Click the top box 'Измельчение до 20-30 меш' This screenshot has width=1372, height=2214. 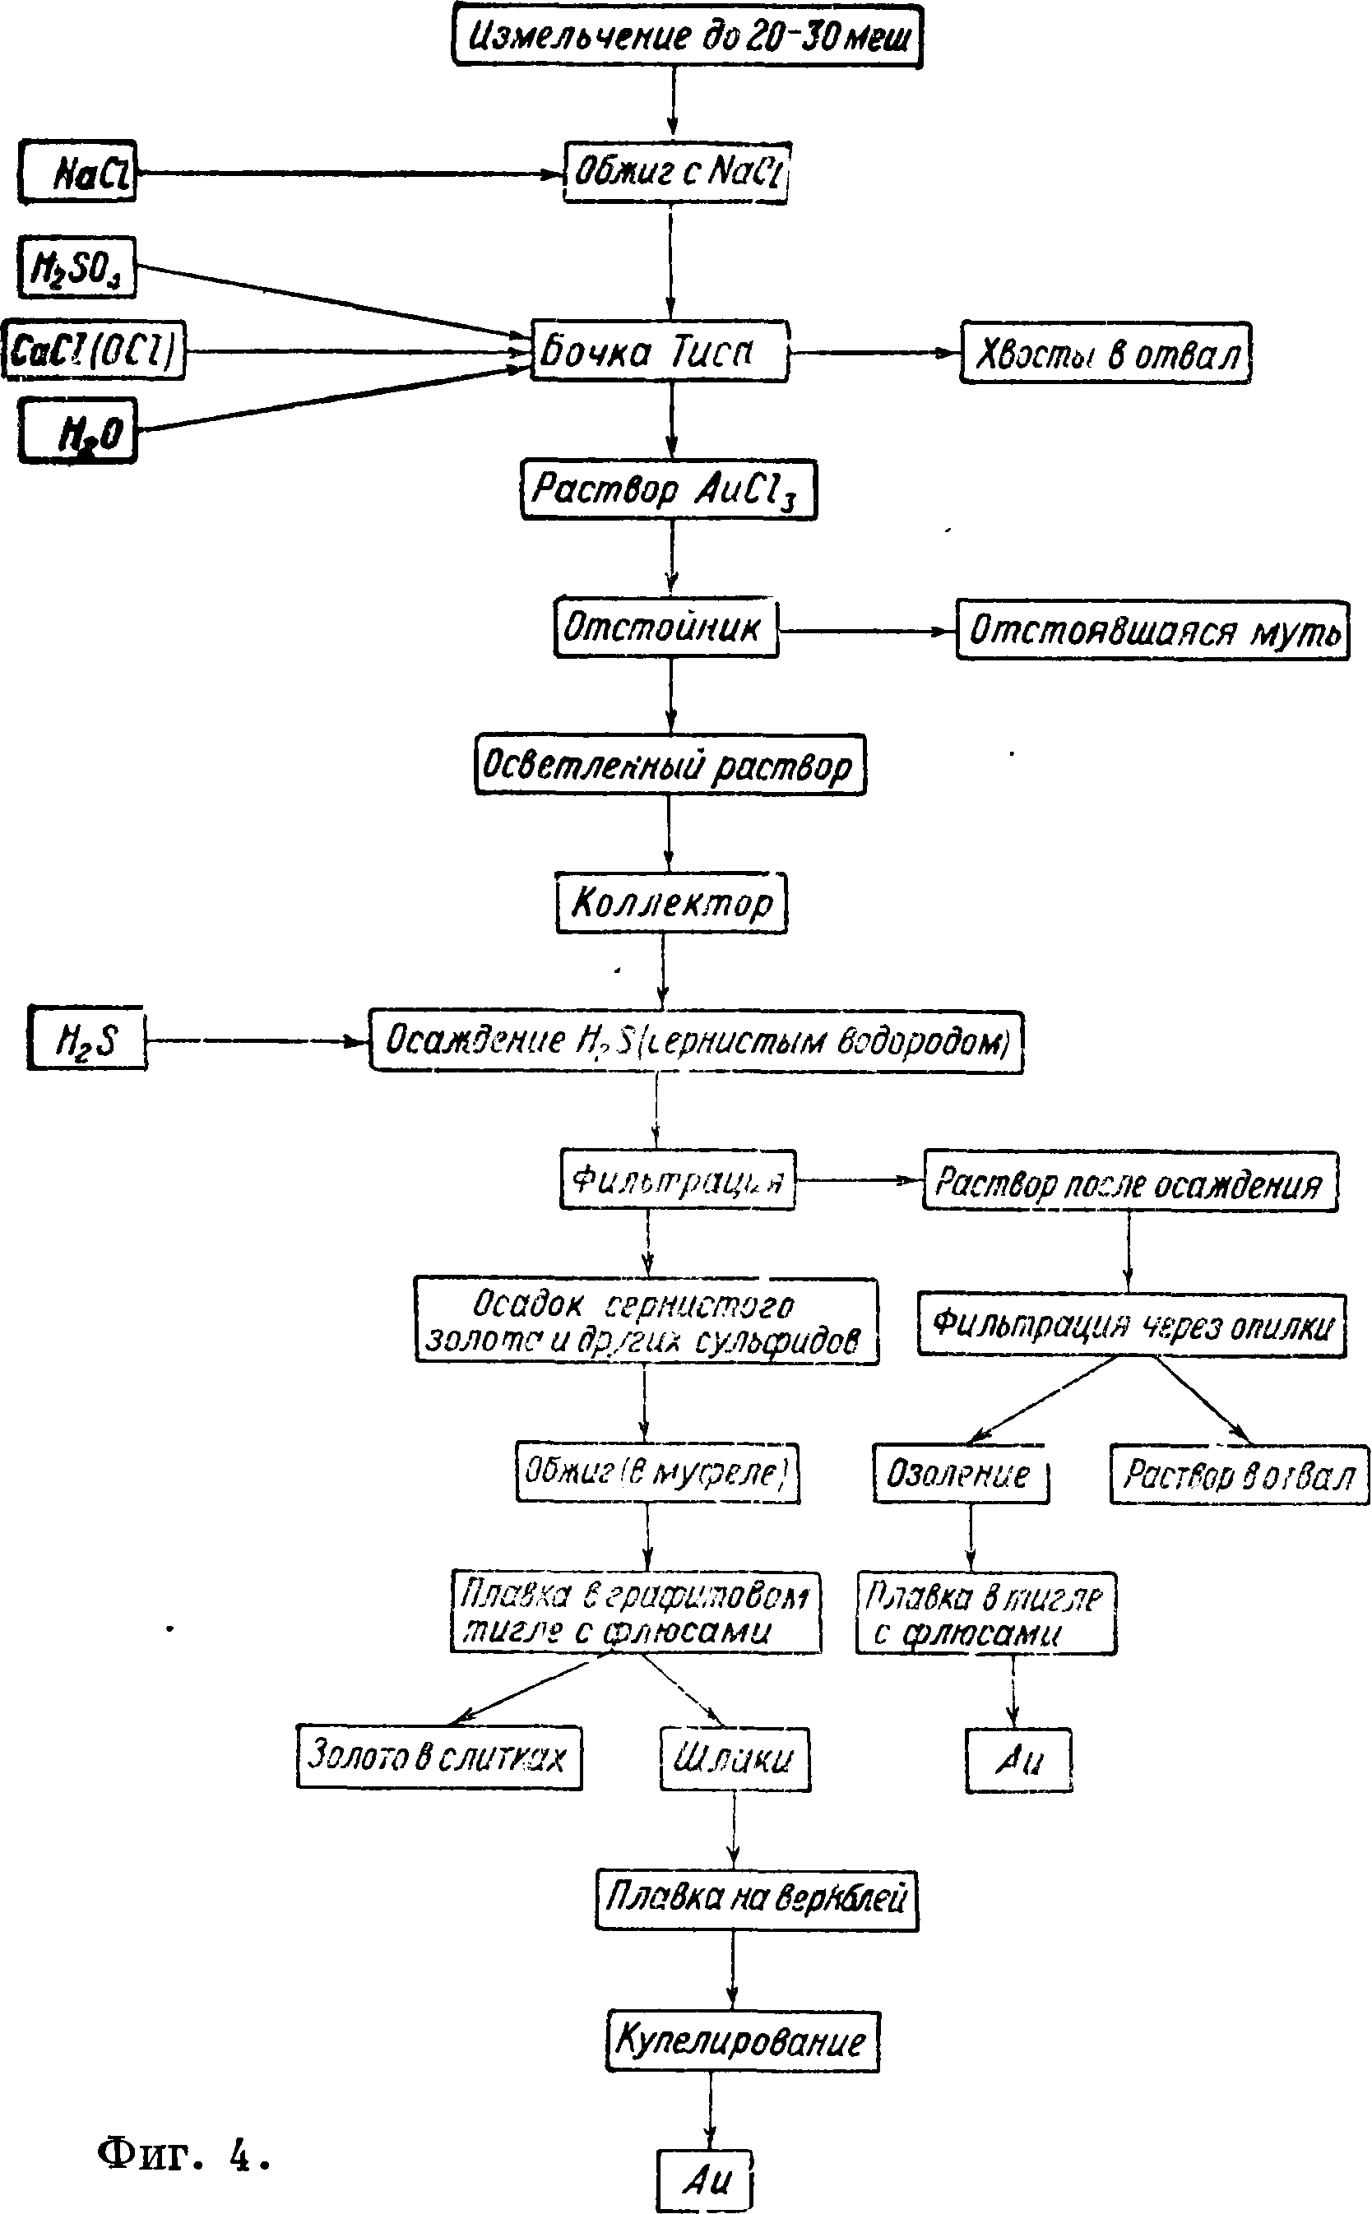(x=687, y=36)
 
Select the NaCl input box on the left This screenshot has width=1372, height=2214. (x=78, y=170)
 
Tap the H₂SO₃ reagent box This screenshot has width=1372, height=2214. (x=77, y=267)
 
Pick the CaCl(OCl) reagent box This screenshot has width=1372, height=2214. (x=94, y=350)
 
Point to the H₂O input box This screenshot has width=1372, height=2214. (x=78, y=431)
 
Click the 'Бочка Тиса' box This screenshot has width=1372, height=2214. (x=659, y=351)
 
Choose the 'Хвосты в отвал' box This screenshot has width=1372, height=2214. (x=1105, y=353)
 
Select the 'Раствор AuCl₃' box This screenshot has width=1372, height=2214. (x=669, y=490)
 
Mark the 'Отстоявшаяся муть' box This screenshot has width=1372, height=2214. (x=1152, y=629)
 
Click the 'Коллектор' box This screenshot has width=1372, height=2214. (x=671, y=902)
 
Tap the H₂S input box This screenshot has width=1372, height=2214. (x=87, y=1038)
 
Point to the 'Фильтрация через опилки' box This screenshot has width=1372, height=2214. (x=1131, y=1325)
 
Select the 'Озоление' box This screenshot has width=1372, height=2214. (x=961, y=1474)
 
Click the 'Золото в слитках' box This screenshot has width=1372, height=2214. (x=439, y=1756)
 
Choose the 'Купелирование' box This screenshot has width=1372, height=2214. (x=742, y=2040)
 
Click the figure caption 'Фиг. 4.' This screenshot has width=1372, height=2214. (x=184, y=2154)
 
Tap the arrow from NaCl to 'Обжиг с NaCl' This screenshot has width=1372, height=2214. (x=350, y=173)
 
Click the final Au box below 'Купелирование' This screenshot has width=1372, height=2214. (x=706, y=2179)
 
